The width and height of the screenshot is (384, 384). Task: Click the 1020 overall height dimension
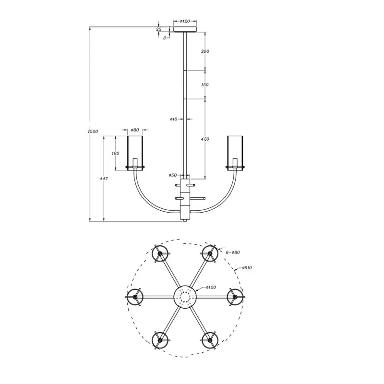click(93, 132)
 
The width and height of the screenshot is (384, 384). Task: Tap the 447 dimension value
click(104, 179)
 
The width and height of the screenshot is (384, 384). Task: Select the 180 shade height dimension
click(115, 153)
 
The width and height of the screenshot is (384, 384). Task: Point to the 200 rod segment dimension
click(205, 51)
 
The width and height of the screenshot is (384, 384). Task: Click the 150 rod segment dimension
click(205, 85)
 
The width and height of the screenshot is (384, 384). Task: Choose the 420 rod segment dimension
click(205, 139)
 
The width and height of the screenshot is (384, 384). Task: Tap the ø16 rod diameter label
click(174, 119)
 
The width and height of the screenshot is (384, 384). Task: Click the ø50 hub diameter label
click(173, 175)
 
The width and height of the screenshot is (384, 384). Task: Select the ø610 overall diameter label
click(247, 268)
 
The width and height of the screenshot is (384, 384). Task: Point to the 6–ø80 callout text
click(233, 252)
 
